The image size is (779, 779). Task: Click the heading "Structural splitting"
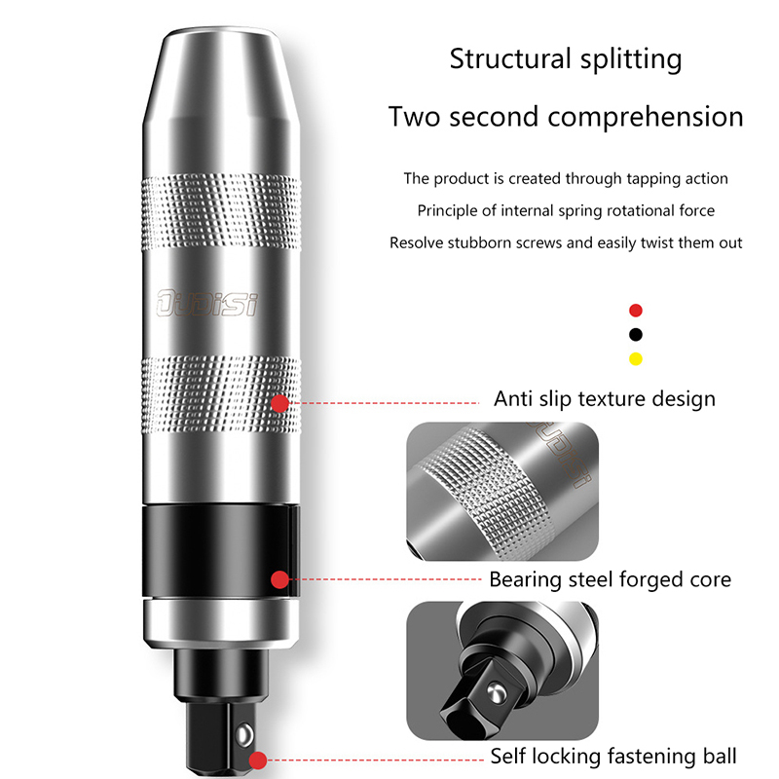(566, 58)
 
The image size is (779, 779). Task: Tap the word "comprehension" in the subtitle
(646, 117)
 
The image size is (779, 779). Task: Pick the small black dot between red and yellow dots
(636, 334)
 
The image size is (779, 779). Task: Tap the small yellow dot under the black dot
(636, 358)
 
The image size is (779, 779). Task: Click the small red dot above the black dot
(636, 311)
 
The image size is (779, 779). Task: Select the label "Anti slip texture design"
(604, 398)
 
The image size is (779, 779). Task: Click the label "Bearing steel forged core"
(610, 579)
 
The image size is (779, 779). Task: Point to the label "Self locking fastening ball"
(612, 756)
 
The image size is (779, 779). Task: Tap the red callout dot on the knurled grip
(280, 402)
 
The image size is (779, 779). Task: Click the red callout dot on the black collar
(280, 579)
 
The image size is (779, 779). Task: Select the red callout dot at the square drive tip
(257, 760)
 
